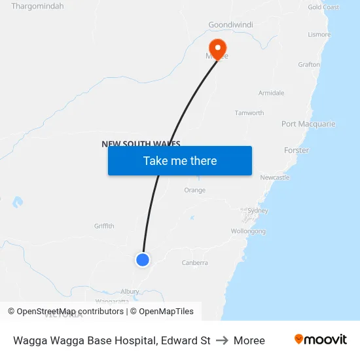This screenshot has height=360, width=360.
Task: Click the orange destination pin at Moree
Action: tap(217, 48)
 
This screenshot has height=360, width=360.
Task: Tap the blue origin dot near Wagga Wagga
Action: tap(143, 260)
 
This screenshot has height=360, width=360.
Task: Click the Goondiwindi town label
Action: tap(230, 25)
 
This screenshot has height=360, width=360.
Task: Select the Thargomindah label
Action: tap(37, 6)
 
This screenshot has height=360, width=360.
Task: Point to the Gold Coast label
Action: tap(323, 7)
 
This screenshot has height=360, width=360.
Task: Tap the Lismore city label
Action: tap(319, 34)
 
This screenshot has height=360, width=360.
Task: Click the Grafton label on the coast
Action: tap(309, 65)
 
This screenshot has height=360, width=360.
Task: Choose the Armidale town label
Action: tap(271, 93)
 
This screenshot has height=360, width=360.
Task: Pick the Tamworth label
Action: tap(249, 113)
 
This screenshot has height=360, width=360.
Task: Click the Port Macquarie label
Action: tap(308, 124)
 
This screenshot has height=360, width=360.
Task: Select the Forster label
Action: tap(297, 151)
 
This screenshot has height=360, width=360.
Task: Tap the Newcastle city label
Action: tap(274, 177)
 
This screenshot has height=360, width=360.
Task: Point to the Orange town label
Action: tap(194, 190)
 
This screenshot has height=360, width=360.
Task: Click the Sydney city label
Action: tap(258, 211)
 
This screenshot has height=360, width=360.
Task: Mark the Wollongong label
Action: tap(248, 231)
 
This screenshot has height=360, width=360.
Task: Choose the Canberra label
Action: tap(194, 262)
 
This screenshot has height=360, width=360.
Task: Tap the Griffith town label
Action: tap(104, 226)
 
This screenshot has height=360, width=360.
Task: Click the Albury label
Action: tap(130, 292)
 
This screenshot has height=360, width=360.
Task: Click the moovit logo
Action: tap(321, 340)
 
